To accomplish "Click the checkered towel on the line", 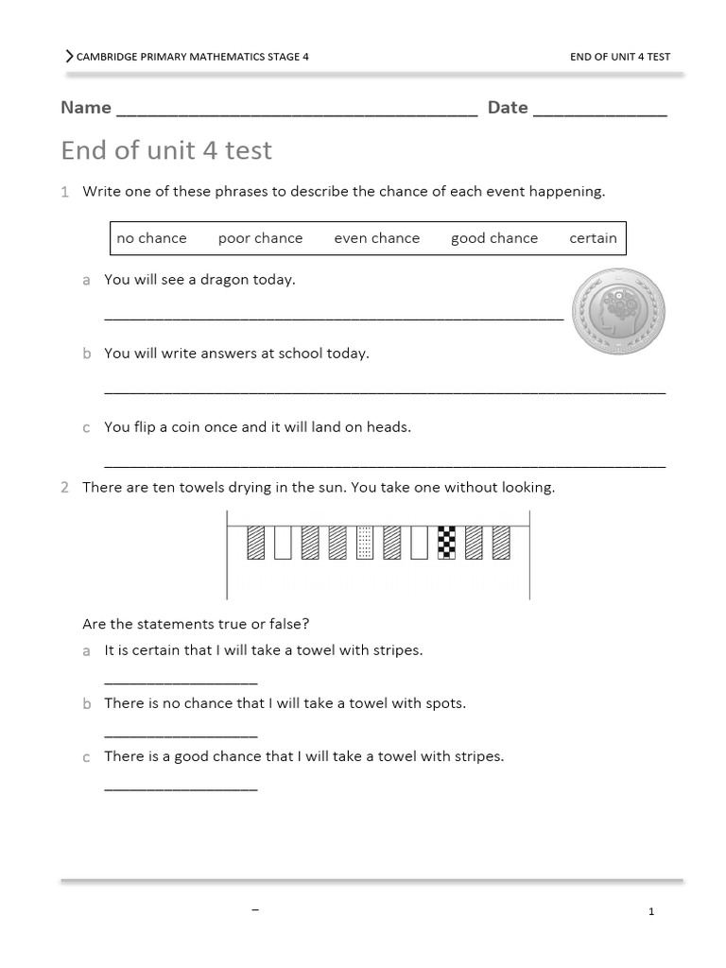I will click(446, 543).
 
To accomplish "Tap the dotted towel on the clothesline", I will click(365, 543).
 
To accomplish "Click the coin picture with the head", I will click(619, 310).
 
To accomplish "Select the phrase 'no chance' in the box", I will click(151, 238).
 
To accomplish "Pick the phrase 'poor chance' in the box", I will click(260, 238).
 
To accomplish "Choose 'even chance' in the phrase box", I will click(376, 238).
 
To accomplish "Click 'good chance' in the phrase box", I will click(493, 238).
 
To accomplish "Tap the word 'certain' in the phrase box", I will click(593, 238).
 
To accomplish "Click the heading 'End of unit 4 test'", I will click(166, 150).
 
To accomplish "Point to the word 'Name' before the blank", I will click(86, 108).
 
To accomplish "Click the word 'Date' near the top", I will click(508, 108).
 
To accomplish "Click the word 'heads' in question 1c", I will click(390, 427).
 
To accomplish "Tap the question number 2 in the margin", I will click(64, 488).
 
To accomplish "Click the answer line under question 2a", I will click(181, 682).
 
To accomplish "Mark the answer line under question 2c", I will click(181, 787).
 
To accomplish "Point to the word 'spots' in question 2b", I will click(444, 704).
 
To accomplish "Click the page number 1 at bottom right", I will click(651, 911).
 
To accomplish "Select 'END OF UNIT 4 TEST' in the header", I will click(620, 57).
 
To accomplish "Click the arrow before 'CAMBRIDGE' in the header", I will click(69, 57).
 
